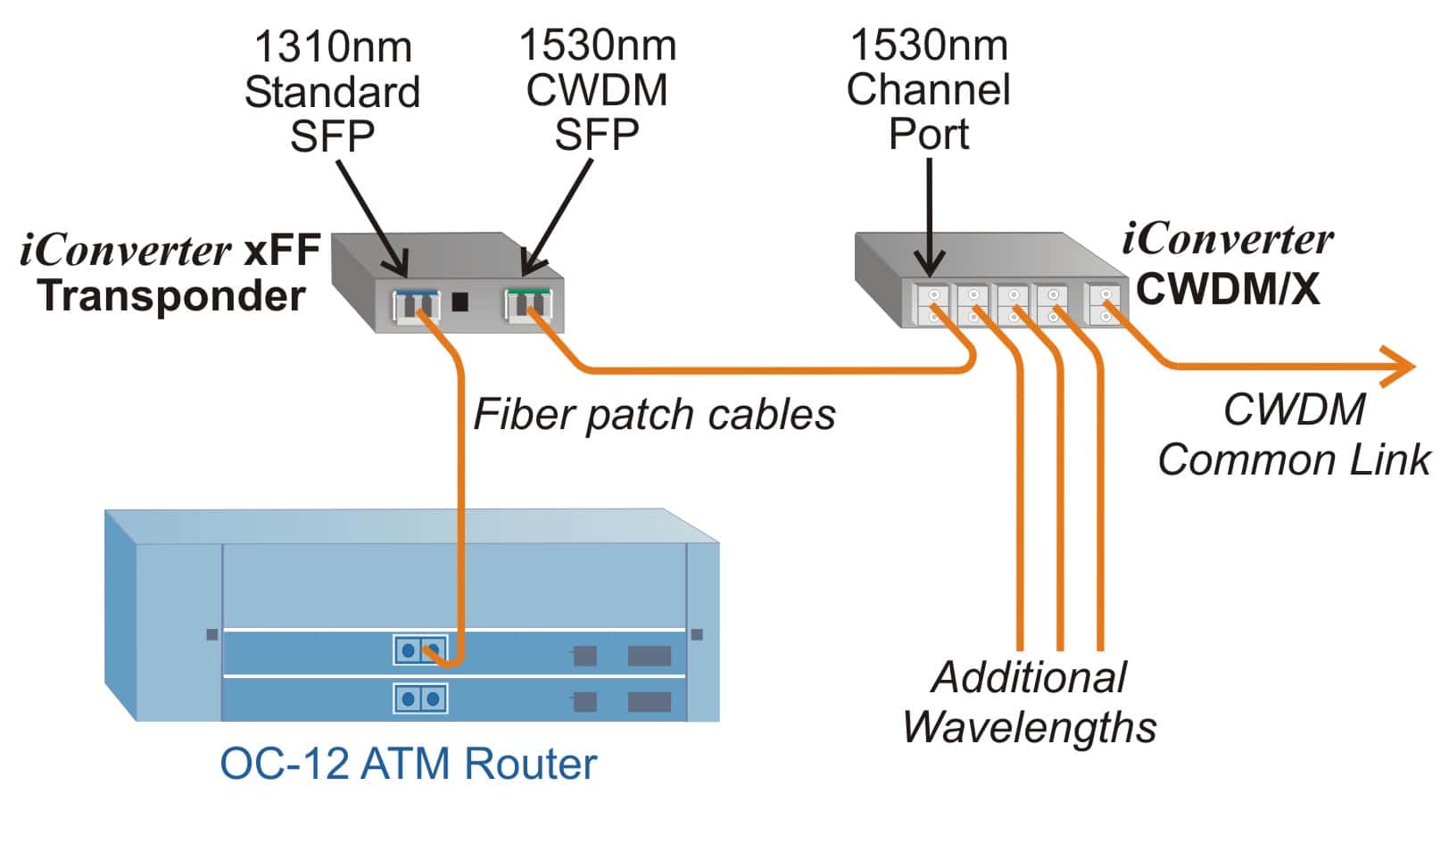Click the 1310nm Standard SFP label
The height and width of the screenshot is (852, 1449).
tap(332, 92)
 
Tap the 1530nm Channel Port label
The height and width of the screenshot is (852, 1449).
tap(928, 89)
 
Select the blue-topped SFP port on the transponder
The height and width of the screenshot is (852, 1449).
tap(417, 305)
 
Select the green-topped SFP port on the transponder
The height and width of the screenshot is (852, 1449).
tap(528, 303)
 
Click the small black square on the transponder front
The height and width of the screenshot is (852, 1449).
tap(460, 302)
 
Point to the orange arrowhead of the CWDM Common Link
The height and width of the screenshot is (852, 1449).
tap(1398, 366)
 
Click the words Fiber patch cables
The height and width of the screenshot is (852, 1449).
tap(654, 414)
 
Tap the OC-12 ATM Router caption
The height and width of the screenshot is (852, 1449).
tap(408, 764)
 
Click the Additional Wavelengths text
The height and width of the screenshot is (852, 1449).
tap(1029, 702)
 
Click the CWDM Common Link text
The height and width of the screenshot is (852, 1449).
tap(1294, 435)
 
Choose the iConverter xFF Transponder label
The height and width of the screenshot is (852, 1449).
tap(170, 273)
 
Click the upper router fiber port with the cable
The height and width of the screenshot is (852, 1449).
tap(420, 650)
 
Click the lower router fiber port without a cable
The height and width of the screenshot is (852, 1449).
tap(420, 698)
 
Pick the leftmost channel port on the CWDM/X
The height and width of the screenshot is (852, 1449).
tap(932, 304)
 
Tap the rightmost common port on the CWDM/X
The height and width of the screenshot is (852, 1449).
tap(1104, 304)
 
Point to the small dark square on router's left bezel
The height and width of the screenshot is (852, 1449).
tap(212, 634)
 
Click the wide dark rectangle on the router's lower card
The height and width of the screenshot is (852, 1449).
tap(650, 701)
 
